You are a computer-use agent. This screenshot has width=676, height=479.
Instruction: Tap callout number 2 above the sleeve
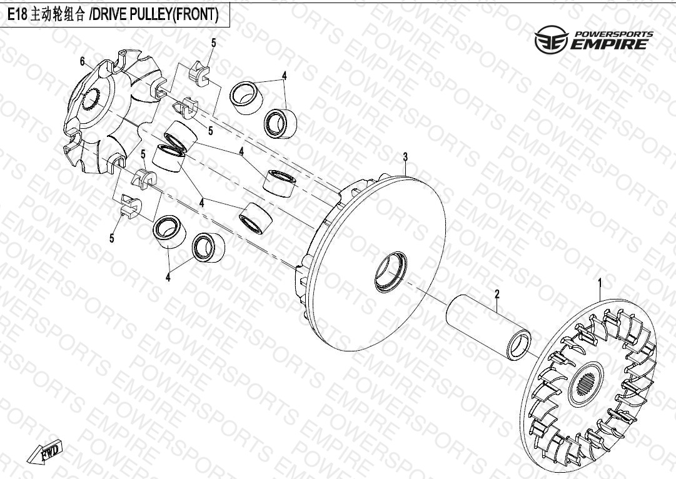coord(497,295)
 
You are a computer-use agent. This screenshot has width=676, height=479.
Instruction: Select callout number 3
coord(405,158)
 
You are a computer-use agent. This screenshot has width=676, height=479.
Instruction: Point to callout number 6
coord(83,62)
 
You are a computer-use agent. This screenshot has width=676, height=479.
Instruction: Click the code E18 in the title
coord(18,15)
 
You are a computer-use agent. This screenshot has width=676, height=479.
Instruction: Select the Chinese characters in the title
coord(58,15)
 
